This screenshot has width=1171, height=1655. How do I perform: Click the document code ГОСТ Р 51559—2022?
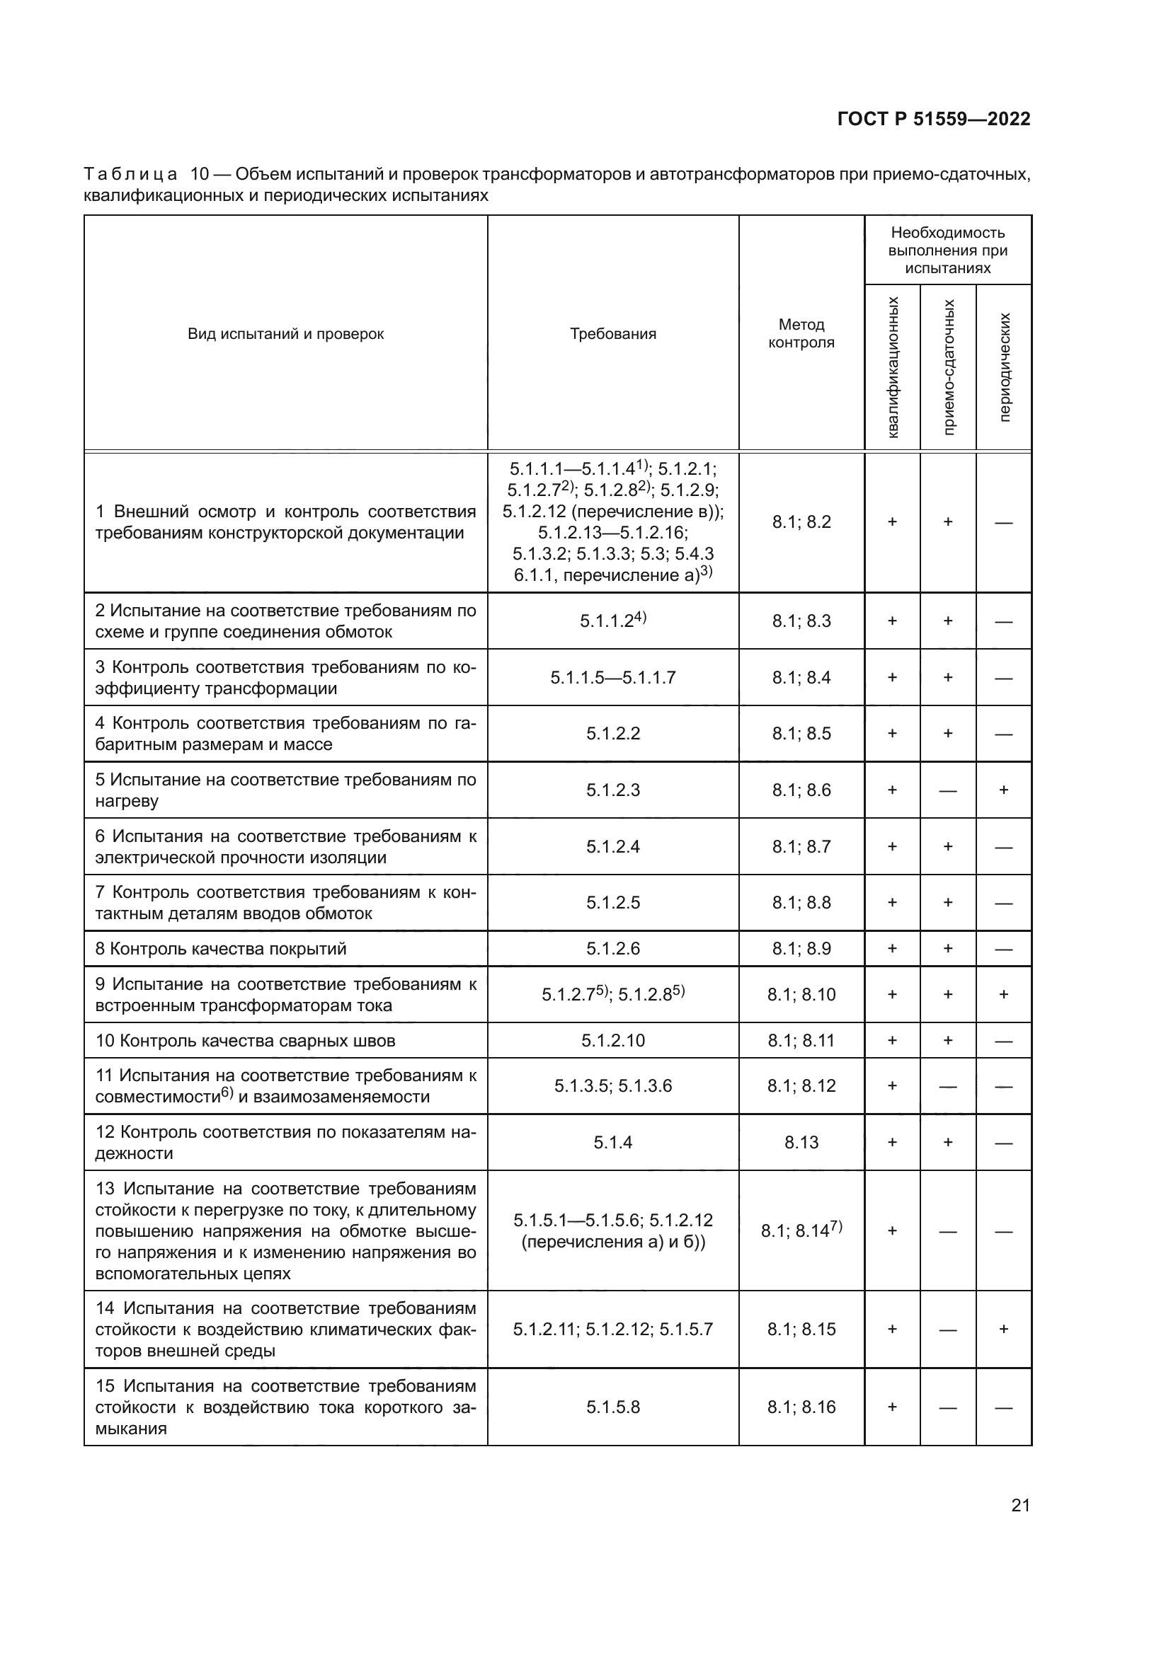[933, 119]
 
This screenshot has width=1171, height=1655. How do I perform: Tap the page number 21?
[1020, 1505]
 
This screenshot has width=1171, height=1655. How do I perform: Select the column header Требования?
[613, 334]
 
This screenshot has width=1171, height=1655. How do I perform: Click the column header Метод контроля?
[801, 334]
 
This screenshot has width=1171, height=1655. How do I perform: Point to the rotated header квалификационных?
[893, 367]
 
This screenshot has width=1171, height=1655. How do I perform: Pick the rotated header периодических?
[1005, 367]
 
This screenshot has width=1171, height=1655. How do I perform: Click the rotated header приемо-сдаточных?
[949, 367]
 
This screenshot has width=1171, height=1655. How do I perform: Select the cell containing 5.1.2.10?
[613, 1040]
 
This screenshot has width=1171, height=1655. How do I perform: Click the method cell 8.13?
[801, 1143]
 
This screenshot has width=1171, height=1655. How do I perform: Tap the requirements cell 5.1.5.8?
[613, 1407]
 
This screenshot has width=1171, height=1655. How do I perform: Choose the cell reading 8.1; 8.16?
[801, 1407]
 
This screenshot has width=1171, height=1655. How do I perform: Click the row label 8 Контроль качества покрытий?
[221, 949]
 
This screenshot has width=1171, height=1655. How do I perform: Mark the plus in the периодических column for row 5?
[1004, 790]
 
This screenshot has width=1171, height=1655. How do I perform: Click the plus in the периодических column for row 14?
[1004, 1330]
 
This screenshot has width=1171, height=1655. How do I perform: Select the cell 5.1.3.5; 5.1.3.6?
[613, 1086]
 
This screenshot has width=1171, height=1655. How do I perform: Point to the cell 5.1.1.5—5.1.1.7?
[613, 678]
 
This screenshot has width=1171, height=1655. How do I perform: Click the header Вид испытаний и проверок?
[285, 334]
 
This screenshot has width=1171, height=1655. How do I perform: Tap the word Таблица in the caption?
[130, 175]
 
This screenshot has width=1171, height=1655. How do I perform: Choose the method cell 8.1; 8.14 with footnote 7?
[801, 1230]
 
